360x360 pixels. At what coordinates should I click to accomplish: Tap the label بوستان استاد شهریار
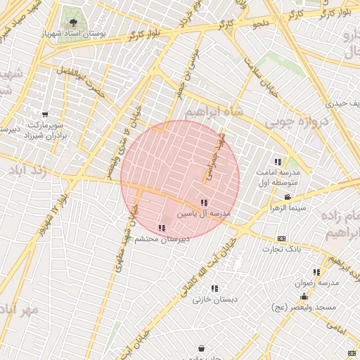[75, 34]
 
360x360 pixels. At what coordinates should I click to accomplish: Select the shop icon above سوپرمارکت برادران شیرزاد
[46, 115]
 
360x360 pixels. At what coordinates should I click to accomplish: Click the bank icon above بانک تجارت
[282, 238]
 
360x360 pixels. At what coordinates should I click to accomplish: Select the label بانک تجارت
[281, 249]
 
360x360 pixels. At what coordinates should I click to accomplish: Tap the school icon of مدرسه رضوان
[316, 271]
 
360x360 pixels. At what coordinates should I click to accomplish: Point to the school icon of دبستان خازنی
[215, 288]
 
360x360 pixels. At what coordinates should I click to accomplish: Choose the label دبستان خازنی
[215, 300]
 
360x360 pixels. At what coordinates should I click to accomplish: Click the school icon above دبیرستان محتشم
[162, 228]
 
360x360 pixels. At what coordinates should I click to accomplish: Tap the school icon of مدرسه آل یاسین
[204, 202]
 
